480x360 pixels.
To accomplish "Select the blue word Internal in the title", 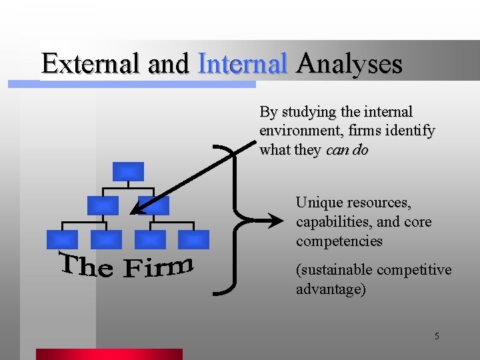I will tap(243, 64).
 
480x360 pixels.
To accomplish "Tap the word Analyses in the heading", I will tap(349, 64).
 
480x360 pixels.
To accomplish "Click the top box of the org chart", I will tap(128, 171).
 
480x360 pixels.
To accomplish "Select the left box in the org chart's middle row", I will tap(103, 205).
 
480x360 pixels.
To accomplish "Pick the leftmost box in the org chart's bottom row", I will tap(62, 239).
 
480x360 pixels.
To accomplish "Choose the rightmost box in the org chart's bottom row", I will tap(193, 239).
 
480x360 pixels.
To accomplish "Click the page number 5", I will tap(437, 336).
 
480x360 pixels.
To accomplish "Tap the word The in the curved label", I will tap(85, 265).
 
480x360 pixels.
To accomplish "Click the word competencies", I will tap(339, 241).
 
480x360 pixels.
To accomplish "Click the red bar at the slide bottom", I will tap(109, 354).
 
